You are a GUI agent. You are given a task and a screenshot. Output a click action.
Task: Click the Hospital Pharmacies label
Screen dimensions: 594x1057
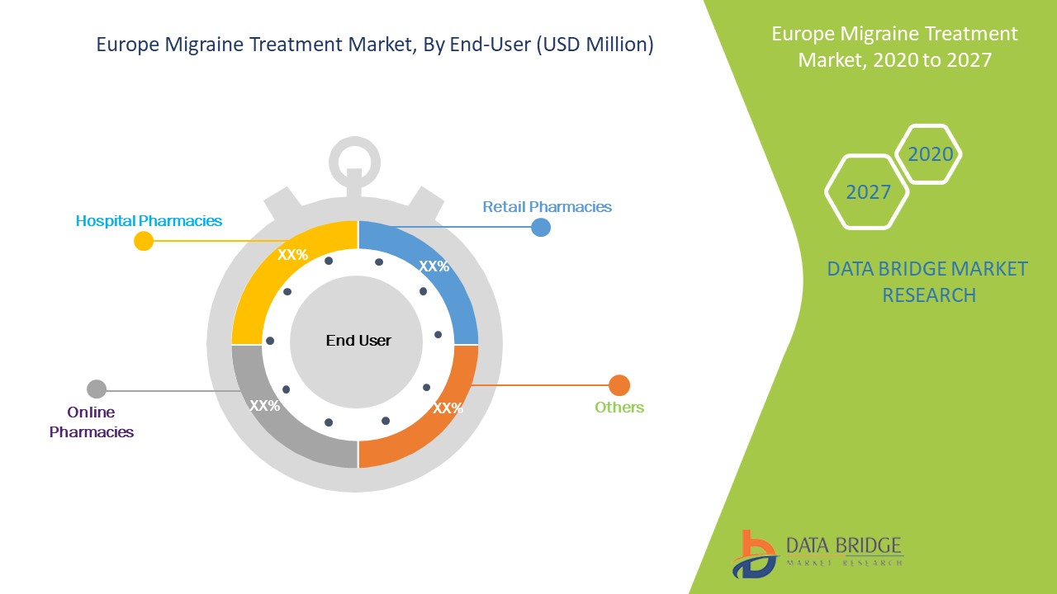pyautogui.click(x=149, y=221)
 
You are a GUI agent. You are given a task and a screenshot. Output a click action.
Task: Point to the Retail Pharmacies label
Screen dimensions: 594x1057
pyautogui.click(x=547, y=207)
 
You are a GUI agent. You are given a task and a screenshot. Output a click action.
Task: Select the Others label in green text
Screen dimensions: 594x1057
pyautogui.click(x=619, y=408)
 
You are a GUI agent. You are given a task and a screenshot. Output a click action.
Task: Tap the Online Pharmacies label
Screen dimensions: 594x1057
pyautogui.click(x=91, y=422)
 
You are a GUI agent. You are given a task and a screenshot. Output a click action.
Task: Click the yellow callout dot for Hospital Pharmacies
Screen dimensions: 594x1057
pyautogui.click(x=144, y=241)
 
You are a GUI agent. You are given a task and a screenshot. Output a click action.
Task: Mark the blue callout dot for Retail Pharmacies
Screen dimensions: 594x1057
pyautogui.click(x=541, y=227)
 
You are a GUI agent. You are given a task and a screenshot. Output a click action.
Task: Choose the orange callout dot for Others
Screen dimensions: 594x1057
pyautogui.click(x=619, y=385)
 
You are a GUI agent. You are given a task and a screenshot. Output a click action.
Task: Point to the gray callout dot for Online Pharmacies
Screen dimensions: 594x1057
pyautogui.click(x=97, y=389)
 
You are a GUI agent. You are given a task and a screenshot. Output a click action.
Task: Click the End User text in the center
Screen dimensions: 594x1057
pyautogui.click(x=358, y=341)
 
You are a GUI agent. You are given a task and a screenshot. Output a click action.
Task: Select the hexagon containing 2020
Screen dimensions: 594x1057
pyautogui.click(x=930, y=154)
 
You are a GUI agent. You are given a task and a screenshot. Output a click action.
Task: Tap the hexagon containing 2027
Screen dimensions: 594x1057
pyautogui.click(x=868, y=192)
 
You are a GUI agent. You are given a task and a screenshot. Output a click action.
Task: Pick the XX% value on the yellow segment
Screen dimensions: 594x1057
pyautogui.click(x=292, y=255)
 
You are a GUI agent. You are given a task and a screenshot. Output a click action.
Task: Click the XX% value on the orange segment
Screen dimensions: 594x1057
pyautogui.click(x=448, y=408)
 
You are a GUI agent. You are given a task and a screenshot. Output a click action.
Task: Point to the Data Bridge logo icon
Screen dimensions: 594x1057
pyautogui.click(x=753, y=554)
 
